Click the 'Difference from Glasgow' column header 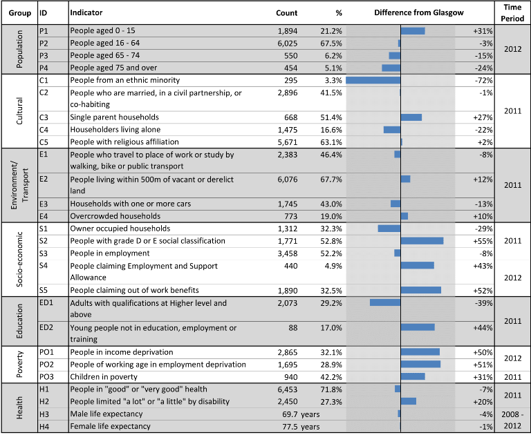pyautogui.click(x=418, y=13)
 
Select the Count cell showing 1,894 pyautogui.click(x=288, y=31)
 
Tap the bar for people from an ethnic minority pyautogui.click(x=373, y=80)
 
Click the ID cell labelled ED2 pyautogui.click(x=46, y=327)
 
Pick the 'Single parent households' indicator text pyautogui.click(x=115, y=117)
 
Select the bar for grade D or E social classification pyautogui.click(x=422, y=241)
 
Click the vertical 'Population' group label pyautogui.click(x=19, y=49)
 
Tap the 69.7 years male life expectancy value pyautogui.click(x=301, y=414)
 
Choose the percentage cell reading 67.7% pyautogui.click(x=331, y=180)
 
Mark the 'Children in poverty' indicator pyautogui.click(x=104, y=377)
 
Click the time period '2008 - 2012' pyautogui.click(x=512, y=420)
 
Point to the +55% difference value pyautogui.click(x=483, y=241)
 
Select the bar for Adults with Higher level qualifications pyautogui.click(x=385, y=302)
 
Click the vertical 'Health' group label pyautogui.click(x=19, y=408)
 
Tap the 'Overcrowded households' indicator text pyautogui.click(x=115, y=216)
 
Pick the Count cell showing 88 pyautogui.click(x=293, y=328)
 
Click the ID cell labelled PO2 pyautogui.click(x=46, y=365)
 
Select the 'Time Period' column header pyautogui.click(x=512, y=13)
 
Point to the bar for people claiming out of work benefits pyautogui.click(x=421, y=290)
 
